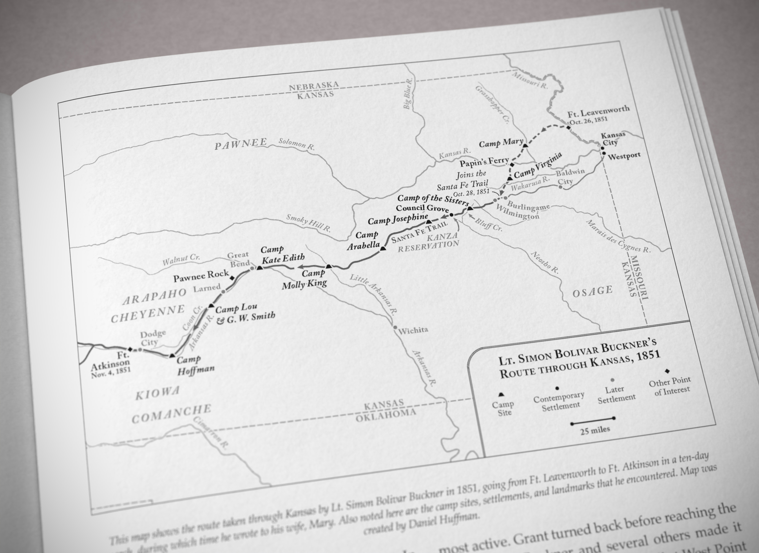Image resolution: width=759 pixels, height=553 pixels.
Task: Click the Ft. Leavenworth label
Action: click(598, 111)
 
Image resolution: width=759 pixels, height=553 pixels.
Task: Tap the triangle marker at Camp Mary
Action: click(525, 145)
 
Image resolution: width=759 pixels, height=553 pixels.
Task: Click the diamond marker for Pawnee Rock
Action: click(232, 278)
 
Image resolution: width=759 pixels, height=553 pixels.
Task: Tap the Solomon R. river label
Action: click(297, 144)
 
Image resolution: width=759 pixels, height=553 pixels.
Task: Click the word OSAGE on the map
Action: click(592, 291)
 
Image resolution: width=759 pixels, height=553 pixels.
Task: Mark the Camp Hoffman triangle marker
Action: click(172, 356)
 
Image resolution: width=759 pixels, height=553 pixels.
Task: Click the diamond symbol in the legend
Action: click(667, 371)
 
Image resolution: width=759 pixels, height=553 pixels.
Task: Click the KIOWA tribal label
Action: click(157, 393)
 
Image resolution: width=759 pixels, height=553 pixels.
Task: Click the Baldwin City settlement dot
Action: click(560, 187)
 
